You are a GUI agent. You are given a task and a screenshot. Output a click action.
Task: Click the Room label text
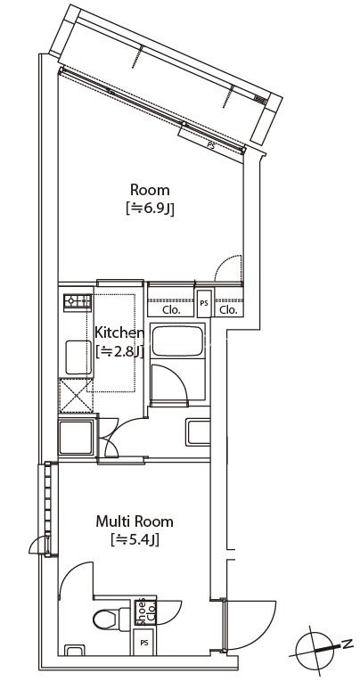pyautogui.click(x=150, y=190)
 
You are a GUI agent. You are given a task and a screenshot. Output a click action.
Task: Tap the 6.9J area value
pyautogui.click(x=150, y=209)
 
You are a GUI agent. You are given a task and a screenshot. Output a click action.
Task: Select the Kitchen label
pyautogui.click(x=119, y=333)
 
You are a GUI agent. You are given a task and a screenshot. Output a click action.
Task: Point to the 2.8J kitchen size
pyautogui.click(x=119, y=352)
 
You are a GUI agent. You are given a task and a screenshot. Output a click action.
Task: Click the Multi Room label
pyautogui.click(x=135, y=521)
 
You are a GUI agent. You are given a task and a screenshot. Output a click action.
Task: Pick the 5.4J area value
pyautogui.click(x=135, y=540)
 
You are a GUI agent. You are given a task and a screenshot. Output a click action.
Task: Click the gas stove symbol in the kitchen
pyautogui.click(x=78, y=302)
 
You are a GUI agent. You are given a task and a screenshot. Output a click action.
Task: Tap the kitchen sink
pyautogui.click(x=78, y=357)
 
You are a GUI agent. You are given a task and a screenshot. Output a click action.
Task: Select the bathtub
pyautogui.click(x=177, y=340)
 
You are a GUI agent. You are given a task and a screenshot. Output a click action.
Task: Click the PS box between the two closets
pyautogui.click(x=204, y=303)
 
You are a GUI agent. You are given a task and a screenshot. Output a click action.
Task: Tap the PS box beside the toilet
pyautogui.click(x=144, y=643)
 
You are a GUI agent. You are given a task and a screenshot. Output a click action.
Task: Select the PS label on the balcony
pyautogui.click(x=211, y=146)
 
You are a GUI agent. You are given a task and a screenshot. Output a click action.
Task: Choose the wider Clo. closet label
pyautogui.click(x=171, y=310)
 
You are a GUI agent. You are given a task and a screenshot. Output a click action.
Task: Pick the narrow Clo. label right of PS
pyautogui.click(x=228, y=310)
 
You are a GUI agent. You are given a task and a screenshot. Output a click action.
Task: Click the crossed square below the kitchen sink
pyautogui.click(x=76, y=395)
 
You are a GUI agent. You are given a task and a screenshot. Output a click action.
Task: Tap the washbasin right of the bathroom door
pyautogui.click(x=199, y=432)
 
